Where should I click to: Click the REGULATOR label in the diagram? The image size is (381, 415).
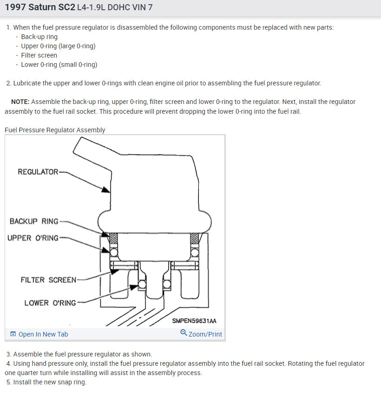pyautogui.click(x=38, y=172)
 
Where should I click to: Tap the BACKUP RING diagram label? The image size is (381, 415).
pyautogui.click(x=34, y=221)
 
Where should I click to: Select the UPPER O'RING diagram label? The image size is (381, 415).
pyautogui.click(x=33, y=238)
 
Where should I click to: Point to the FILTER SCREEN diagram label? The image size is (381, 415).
pyautogui.click(x=48, y=280)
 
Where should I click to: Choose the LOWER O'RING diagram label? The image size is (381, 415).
pyautogui.click(x=50, y=303)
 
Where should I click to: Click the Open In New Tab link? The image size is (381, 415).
pyautogui.click(x=43, y=334)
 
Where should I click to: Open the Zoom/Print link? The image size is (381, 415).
pyautogui.click(x=205, y=334)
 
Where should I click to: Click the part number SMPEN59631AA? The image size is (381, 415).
pyautogui.click(x=194, y=321)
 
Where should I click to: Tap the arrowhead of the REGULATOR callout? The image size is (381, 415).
pyautogui.click(x=107, y=189)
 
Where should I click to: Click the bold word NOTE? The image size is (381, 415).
pyautogui.click(x=20, y=102)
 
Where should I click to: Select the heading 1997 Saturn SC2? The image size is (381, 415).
pyautogui.click(x=40, y=7)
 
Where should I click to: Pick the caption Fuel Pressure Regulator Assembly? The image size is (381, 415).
pyautogui.click(x=55, y=130)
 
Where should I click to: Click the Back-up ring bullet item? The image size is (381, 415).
pyautogui.click(x=39, y=37)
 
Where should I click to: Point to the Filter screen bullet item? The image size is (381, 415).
pyautogui.click(x=39, y=55)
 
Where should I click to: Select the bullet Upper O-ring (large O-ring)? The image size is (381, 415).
pyautogui.click(x=58, y=46)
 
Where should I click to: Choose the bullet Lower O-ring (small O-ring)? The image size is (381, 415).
pyautogui.click(x=59, y=65)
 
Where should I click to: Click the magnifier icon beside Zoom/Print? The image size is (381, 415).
pyautogui.click(x=184, y=333)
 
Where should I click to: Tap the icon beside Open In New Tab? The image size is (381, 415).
pyautogui.click(x=13, y=334)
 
